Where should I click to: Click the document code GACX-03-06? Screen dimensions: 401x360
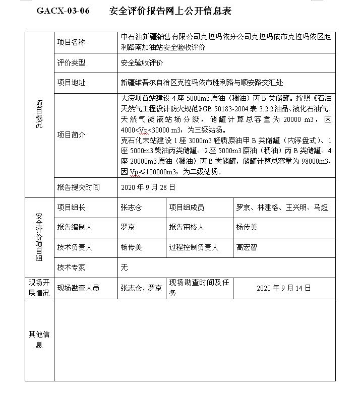63,11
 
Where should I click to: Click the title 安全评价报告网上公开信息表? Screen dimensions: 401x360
170,11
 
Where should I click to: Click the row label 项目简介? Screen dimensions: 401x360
71,135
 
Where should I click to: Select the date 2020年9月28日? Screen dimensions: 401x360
149,187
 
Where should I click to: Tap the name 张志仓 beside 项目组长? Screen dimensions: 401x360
131,207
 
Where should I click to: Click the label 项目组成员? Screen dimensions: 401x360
187,207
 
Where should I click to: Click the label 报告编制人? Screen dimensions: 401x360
75,227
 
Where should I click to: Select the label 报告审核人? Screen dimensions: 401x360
187,227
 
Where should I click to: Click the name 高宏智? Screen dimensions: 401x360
247,247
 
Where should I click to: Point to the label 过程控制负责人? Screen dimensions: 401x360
194,247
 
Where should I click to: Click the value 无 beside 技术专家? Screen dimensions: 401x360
124,268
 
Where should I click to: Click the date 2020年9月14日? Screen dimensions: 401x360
284,288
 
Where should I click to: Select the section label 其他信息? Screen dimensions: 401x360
39,339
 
